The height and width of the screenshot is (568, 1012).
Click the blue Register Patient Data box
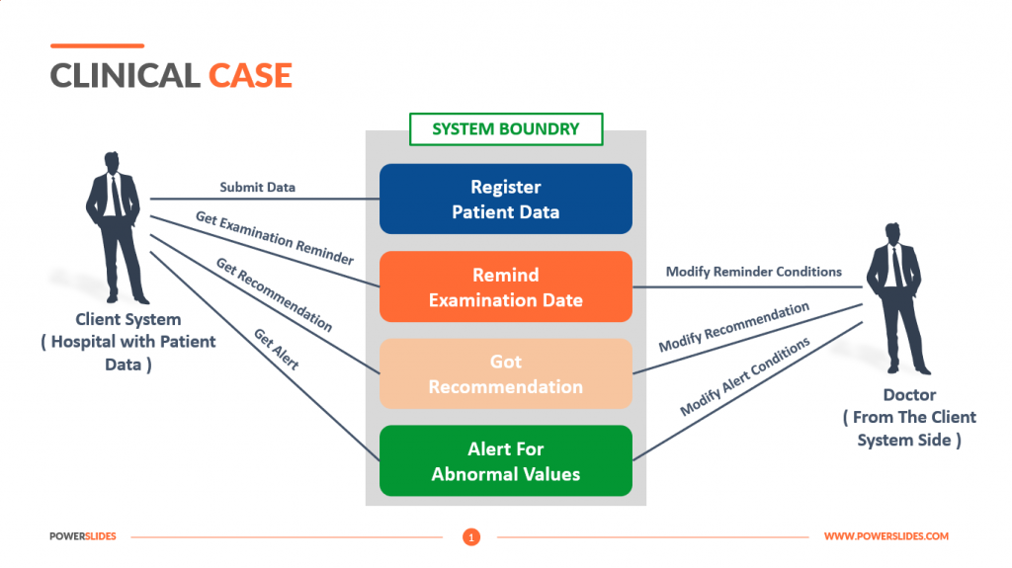(x=505, y=199)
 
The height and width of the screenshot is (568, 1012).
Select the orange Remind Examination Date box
(x=505, y=286)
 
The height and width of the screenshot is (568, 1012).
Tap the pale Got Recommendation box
(x=505, y=374)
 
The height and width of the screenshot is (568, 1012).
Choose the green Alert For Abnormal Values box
(x=505, y=461)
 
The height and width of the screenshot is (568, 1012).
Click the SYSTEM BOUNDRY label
(x=505, y=128)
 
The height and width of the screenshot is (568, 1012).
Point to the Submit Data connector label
(x=257, y=187)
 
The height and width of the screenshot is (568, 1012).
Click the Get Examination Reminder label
(x=274, y=238)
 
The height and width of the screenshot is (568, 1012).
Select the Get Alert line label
(x=276, y=350)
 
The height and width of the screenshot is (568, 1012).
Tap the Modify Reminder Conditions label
(x=753, y=272)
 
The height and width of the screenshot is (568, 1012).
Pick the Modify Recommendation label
(x=733, y=327)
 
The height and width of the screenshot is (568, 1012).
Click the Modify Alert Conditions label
(x=744, y=376)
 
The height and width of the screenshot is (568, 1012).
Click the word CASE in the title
(x=250, y=76)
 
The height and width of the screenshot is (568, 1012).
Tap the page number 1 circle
(x=471, y=537)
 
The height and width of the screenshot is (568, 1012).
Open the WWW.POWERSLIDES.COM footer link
(x=885, y=536)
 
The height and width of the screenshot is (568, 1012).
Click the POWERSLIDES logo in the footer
(x=83, y=536)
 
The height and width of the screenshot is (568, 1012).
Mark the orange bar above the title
(x=97, y=45)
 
